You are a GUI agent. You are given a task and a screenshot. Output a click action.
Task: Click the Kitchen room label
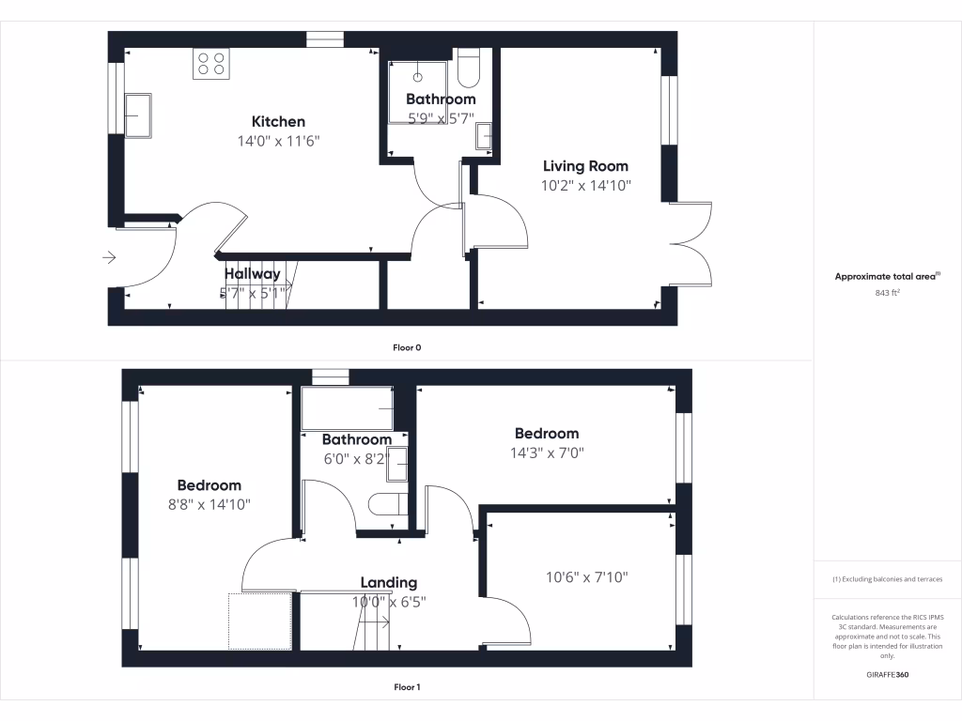click(278, 121)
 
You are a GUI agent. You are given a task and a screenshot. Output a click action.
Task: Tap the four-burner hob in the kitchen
click(211, 64)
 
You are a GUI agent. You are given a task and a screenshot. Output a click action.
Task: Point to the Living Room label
click(585, 166)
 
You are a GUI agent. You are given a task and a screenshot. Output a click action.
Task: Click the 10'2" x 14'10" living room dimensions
click(585, 186)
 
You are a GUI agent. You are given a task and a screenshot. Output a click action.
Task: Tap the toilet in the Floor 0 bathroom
click(469, 69)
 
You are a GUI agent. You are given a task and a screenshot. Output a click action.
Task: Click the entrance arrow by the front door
click(109, 257)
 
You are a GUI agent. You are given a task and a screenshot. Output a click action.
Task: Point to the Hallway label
click(252, 274)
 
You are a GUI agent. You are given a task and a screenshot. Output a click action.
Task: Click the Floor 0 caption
click(407, 347)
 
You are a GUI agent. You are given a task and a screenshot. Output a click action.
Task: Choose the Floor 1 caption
click(407, 687)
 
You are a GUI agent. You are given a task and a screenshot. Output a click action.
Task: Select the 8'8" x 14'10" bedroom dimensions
click(209, 504)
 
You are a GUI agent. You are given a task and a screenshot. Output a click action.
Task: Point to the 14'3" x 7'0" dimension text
click(546, 452)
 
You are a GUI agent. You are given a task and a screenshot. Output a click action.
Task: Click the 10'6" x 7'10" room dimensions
click(586, 576)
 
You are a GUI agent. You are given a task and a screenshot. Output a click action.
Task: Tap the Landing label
click(389, 583)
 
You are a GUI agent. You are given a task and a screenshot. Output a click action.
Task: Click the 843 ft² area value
click(888, 293)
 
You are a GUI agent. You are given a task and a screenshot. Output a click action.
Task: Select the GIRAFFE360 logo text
click(888, 675)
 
